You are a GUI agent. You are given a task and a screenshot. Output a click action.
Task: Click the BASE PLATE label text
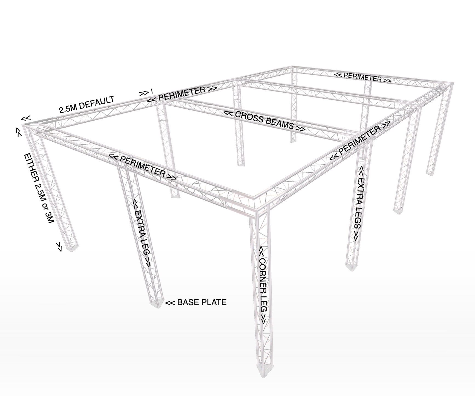point(202,302)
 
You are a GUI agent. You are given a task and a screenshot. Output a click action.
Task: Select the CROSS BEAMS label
point(264,121)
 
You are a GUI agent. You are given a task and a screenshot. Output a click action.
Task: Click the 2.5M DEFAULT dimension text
point(87,105)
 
